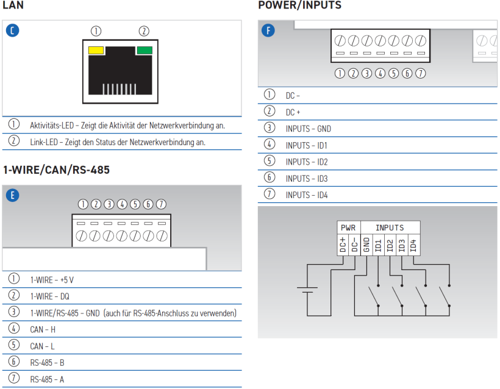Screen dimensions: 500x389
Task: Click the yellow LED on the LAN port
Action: tap(96, 51)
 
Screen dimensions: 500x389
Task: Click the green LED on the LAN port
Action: tap(145, 51)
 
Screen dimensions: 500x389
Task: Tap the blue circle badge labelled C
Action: tap(12, 30)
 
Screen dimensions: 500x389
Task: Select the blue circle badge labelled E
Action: tap(12, 195)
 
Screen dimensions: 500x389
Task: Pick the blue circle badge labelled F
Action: tap(268, 30)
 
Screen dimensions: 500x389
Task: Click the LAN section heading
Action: tap(13, 5)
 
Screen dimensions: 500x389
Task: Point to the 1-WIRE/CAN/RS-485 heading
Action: tap(56, 170)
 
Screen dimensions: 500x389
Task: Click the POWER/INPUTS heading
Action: tap(300, 5)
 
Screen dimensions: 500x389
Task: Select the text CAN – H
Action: tap(43, 330)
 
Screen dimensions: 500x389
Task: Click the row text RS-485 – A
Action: tap(47, 379)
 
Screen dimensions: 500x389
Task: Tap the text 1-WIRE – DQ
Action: tap(50, 296)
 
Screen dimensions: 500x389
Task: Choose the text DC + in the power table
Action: tap(293, 112)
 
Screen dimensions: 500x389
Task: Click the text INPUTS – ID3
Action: tap(307, 179)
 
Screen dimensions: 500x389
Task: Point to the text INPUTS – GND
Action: tap(309, 129)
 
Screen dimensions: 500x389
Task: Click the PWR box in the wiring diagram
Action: tap(349, 227)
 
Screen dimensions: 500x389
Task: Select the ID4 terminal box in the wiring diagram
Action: tap(413, 245)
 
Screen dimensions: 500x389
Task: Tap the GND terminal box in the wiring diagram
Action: tap(366, 245)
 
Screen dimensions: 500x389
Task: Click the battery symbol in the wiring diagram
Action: tap(307, 290)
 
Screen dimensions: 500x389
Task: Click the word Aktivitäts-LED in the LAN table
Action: tap(52, 126)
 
